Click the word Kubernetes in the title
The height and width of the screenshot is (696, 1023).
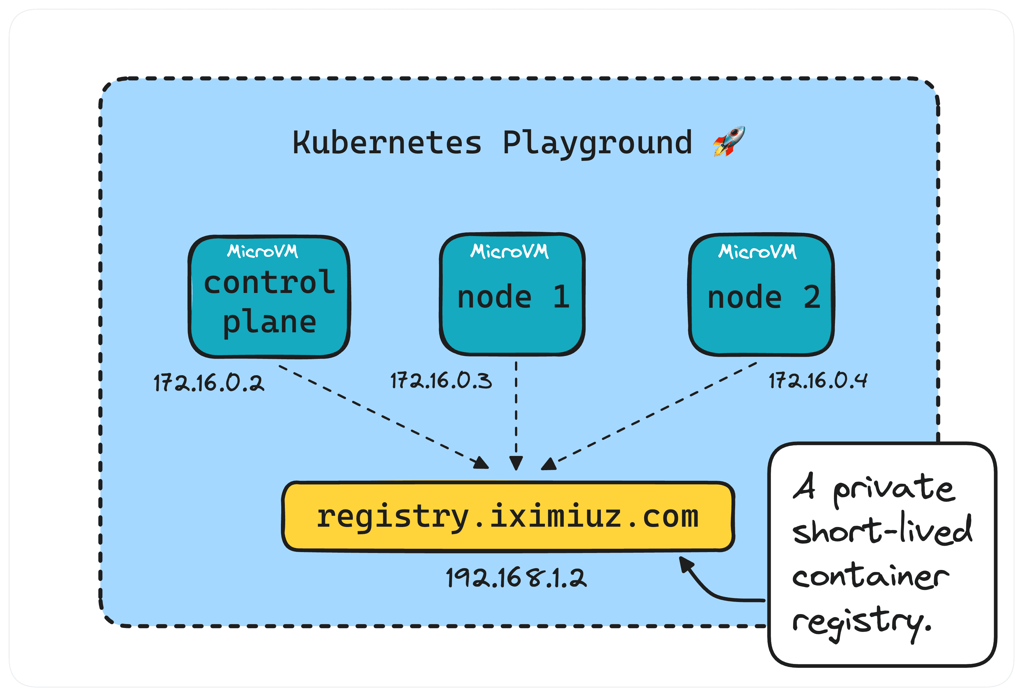click(387, 143)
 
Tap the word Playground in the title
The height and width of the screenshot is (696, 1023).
click(597, 143)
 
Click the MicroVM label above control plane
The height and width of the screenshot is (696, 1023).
click(263, 251)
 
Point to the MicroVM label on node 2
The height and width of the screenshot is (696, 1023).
click(757, 251)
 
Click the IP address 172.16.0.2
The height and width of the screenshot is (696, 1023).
click(208, 382)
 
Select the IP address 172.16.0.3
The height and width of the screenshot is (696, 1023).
click(441, 380)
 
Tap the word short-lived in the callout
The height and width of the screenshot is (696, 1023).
click(882, 530)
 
